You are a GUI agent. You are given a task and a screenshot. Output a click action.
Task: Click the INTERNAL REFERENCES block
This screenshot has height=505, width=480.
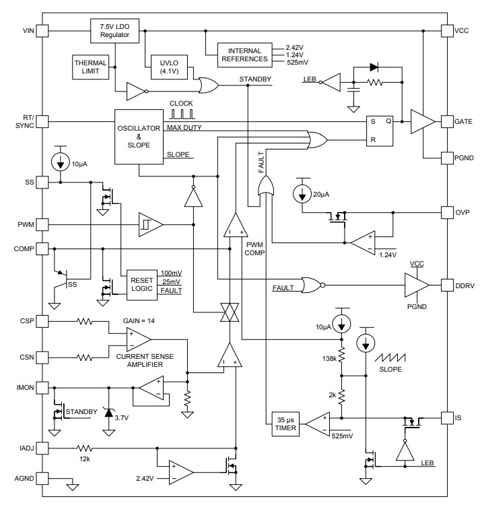click(244, 55)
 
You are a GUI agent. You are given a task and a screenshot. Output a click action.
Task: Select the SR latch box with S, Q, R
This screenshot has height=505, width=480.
click(380, 131)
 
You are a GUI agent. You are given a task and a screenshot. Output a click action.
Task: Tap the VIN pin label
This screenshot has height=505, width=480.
click(27, 31)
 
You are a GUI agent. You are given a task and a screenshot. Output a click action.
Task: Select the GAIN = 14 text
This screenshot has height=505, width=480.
click(139, 321)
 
